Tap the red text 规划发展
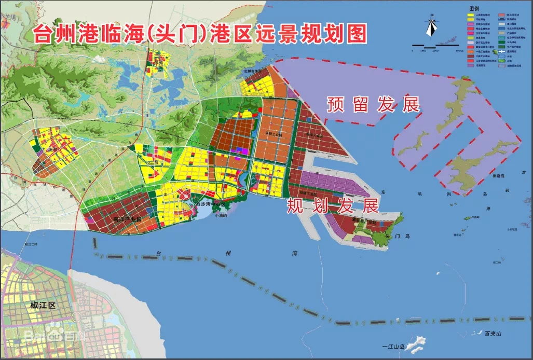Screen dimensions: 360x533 333,206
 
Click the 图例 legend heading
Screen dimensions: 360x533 473,9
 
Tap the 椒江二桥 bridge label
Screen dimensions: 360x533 31,244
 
